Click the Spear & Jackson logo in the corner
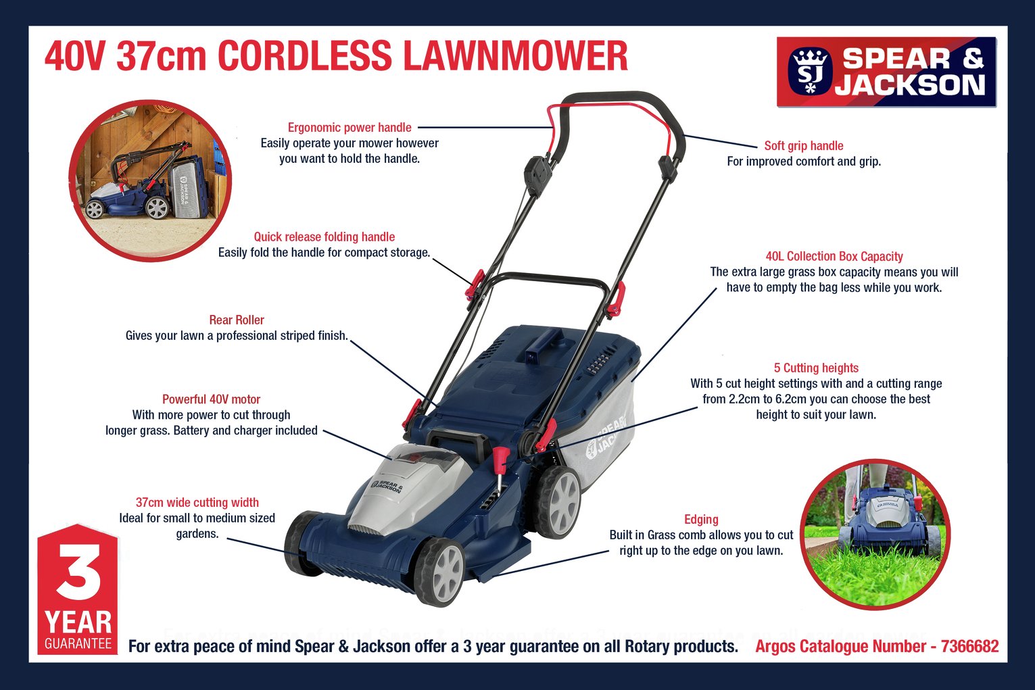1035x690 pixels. [x=886, y=72]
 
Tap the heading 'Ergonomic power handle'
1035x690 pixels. [x=350, y=128]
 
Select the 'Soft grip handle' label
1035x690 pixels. [x=804, y=146]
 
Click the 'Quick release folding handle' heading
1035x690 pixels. [x=324, y=237]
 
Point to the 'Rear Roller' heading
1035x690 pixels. [x=237, y=320]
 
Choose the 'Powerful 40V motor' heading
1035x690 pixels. [x=211, y=399]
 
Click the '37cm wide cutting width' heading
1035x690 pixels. [x=197, y=503]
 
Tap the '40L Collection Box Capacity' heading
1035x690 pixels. [x=834, y=257]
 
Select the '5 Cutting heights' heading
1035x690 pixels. [x=816, y=368]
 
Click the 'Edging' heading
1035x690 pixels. [x=701, y=520]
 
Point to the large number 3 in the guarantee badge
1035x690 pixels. [x=79, y=571]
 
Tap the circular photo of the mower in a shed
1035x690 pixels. [x=150, y=180]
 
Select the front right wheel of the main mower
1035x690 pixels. [x=440, y=572]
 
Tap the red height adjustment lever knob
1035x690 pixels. [x=501, y=460]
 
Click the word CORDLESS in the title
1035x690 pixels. [x=304, y=56]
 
